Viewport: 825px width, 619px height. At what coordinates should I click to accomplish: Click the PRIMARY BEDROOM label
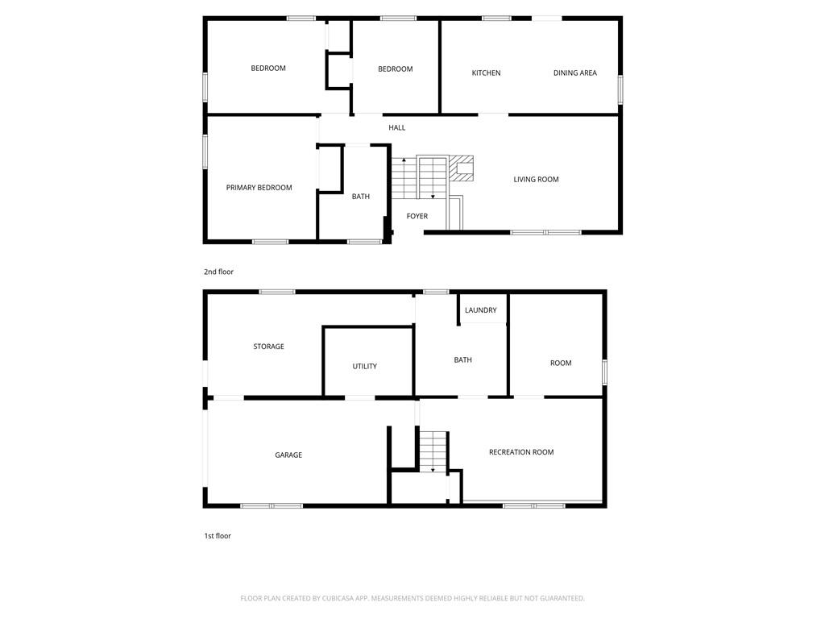[259, 187]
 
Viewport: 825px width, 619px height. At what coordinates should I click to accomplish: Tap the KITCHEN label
[486, 73]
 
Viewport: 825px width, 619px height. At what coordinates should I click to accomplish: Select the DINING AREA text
[575, 73]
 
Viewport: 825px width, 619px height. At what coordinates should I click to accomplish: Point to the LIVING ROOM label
[536, 179]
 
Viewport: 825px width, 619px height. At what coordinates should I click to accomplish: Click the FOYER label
[417, 216]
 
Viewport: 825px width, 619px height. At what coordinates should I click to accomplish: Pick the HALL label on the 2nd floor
[396, 127]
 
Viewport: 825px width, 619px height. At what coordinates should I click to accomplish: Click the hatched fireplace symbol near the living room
[461, 168]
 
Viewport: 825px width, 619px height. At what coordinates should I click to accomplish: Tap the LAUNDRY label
[481, 310]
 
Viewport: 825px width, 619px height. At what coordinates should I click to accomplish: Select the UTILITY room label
[365, 366]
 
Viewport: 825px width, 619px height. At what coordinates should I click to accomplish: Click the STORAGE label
[269, 347]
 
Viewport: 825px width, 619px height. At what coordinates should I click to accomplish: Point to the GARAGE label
[288, 455]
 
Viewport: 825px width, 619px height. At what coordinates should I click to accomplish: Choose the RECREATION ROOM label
[521, 451]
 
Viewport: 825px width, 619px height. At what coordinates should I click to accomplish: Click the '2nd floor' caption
[218, 272]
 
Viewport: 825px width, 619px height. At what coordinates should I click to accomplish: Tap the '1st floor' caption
[218, 536]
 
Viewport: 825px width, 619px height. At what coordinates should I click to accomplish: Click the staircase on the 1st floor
[433, 451]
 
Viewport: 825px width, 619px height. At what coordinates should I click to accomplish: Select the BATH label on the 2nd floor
[360, 197]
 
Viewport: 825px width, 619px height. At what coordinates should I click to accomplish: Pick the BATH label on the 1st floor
[463, 360]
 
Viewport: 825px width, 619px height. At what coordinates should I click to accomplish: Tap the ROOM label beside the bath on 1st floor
[561, 363]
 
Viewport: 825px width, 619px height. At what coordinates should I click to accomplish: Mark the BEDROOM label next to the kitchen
[395, 69]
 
